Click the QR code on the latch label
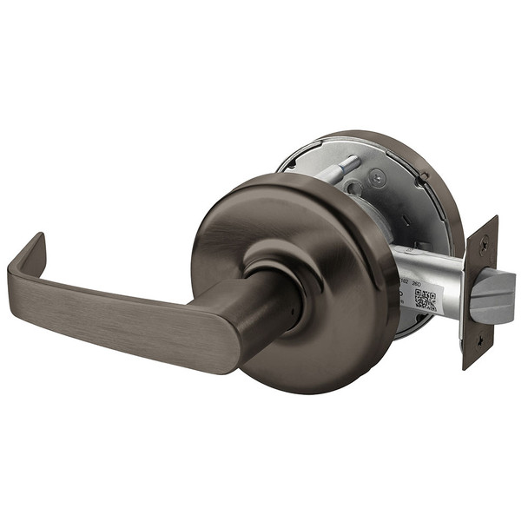point(425,300)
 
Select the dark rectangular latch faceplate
point(481,295)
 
